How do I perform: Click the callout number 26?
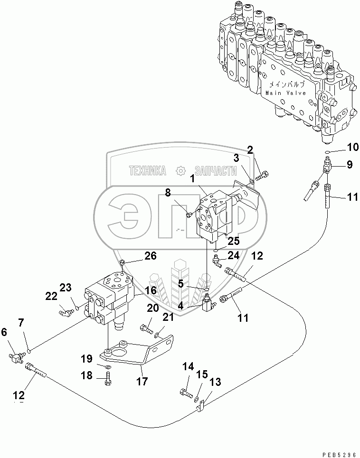[150, 256]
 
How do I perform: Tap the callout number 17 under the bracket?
[141, 381]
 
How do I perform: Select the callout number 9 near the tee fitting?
[349, 165]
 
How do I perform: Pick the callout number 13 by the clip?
[215, 381]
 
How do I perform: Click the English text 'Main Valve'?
[285, 93]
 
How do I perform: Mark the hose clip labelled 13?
[201, 407]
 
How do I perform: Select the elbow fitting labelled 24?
[216, 260]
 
